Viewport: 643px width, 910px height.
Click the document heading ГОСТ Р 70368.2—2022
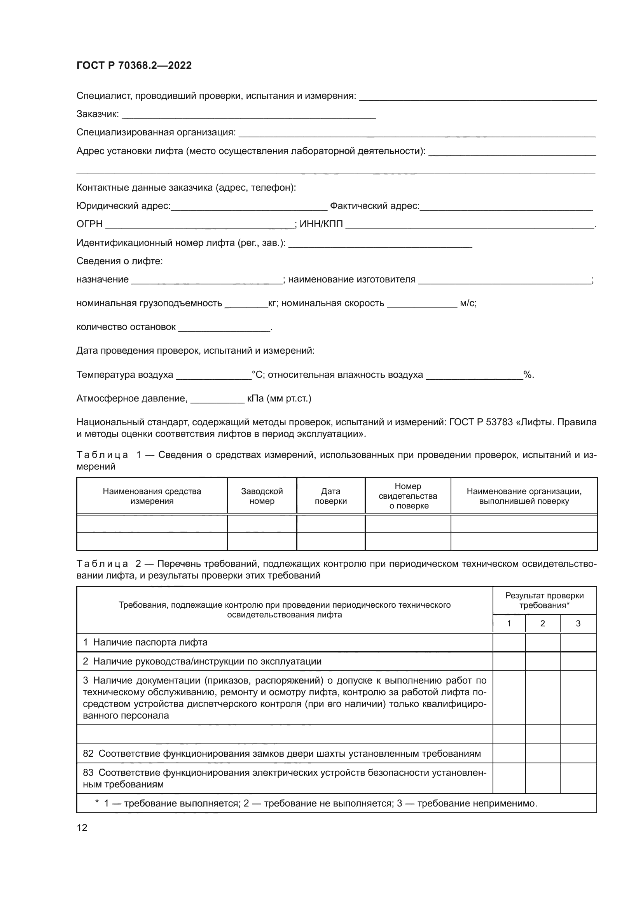(134, 65)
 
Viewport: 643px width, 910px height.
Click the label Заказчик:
(98, 114)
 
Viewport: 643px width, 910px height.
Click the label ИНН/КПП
(321, 224)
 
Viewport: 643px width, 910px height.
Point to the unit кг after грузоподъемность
(273, 303)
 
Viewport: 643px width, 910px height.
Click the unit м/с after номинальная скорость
(468, 303)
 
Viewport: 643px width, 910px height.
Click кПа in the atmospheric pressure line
(255, 398)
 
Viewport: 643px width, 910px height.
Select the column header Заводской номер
(262, 496)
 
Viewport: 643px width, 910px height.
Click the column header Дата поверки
(330, 496)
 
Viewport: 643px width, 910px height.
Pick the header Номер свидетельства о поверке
(408, 496)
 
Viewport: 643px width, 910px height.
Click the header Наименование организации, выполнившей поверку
(524, 496)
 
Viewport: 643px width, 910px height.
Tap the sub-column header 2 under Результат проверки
(542, 623)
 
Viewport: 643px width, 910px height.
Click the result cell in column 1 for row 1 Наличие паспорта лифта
(509, 642)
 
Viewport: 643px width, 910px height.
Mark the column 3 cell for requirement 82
(578, 754)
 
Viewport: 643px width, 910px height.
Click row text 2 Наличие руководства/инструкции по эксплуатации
(202, 661)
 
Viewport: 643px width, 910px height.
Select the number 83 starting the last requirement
(88, 773)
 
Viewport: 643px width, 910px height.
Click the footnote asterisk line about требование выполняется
(316, 803)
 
